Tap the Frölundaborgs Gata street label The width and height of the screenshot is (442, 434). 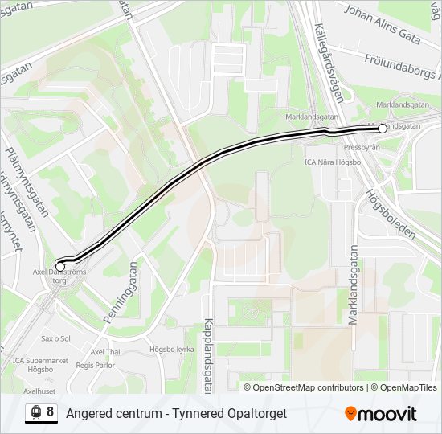tap(401, 66)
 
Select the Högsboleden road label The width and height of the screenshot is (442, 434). tap(391, 213)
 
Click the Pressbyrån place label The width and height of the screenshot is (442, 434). tap(362, 148)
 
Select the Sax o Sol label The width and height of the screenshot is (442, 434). tap(56, 339)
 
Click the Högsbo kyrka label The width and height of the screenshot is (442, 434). tap(172, 350)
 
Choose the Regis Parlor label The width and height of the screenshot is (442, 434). tap(96, 364)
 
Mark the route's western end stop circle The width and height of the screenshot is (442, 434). tap(60, 266)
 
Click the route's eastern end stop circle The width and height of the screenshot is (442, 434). tap(383, 129)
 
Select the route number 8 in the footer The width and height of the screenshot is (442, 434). tap(51, 412)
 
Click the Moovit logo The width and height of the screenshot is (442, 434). tap(381, 414)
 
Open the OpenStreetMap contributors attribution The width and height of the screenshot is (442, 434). tap(308, 387)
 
